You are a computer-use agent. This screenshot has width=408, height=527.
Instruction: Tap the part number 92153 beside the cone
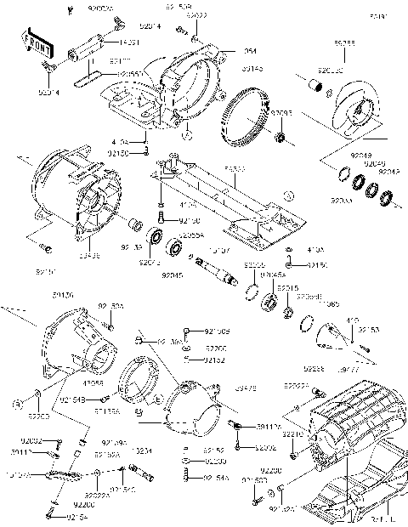coord(368,329)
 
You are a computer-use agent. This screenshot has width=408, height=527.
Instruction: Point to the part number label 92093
coord(281,111)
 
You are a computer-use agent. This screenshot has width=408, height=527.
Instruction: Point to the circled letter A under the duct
coord(190,133)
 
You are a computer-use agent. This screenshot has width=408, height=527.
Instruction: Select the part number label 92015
coord(286,289)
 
